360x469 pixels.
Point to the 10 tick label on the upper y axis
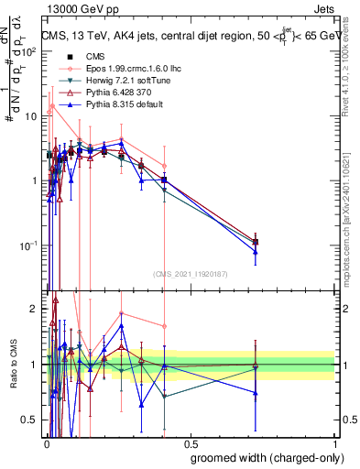(x=31, y=116)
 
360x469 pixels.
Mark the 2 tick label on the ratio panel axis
(x=35, y=309)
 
